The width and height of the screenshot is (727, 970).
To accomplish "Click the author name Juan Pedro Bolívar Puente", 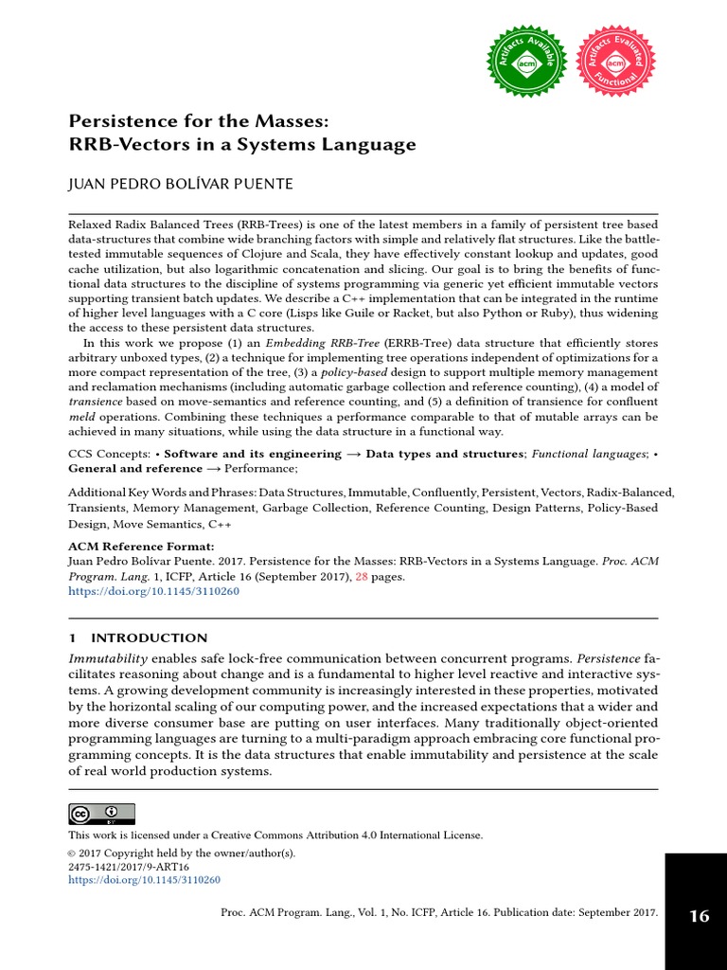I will point(181,184).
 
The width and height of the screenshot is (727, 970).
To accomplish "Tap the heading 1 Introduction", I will point(138,638).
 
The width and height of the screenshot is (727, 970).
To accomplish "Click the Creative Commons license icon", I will point(101,814).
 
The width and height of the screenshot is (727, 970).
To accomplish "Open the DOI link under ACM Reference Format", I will point(153,590).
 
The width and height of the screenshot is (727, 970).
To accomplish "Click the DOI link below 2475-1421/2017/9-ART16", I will point(144,880).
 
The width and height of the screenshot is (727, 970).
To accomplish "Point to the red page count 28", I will point(363,576).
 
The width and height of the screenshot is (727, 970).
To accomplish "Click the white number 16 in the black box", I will point(699,916).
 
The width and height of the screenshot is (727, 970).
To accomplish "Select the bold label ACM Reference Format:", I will point(141,547).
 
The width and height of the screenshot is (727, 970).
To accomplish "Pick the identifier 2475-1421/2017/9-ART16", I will point(129,867).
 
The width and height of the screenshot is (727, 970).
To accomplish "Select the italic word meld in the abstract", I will point(84,417).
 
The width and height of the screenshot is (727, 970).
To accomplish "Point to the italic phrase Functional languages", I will point(588,454).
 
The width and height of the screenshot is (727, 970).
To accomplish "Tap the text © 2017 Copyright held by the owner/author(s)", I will point(182,853).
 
